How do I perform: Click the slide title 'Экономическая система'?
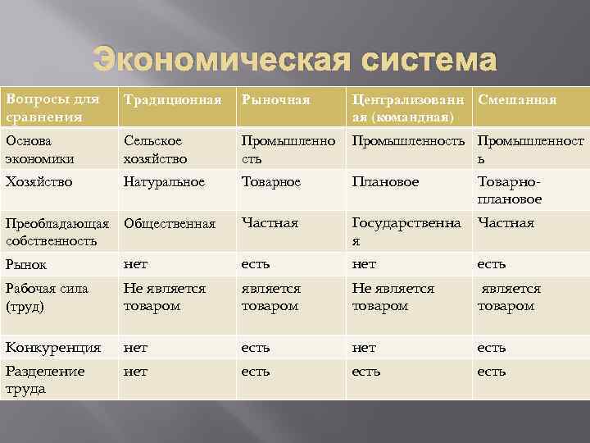coord(294,61)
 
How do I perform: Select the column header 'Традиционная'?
coord(172,100)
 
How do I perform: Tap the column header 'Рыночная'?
coord(275,100)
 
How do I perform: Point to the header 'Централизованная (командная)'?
coord(407,108)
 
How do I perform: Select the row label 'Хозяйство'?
coord(39,179)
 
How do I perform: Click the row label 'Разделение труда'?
coord(45,380)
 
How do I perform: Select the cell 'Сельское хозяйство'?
coord(155,149)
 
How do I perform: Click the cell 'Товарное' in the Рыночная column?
coord(270,179)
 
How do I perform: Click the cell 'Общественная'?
coord(169,223)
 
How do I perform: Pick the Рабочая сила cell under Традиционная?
coord(164,297)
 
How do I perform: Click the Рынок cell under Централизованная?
coord(364,264)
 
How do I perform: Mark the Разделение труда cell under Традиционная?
coord(135,372)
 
